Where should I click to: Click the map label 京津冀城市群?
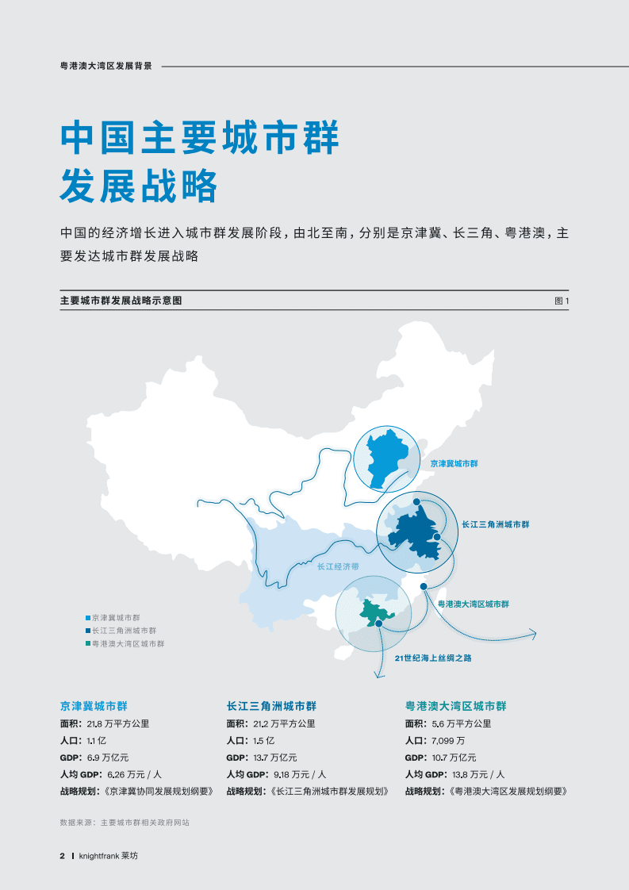pyautogui.click(x=454, y=462)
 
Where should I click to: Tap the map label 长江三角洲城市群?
pyautogui.click(x=495, y=524)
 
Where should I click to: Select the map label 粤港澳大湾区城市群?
pyautogui.click(x=473, y=604)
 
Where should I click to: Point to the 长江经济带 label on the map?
pyautogui.click(x=338, y=566)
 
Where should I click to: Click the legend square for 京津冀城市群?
pyautogui.click(x=88, y=617)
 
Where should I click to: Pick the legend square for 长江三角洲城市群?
pyautogui.click(x=88, y=631)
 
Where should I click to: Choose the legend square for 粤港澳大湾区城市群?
pyautogui.click(x=88, y=644)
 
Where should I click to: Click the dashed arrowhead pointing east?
pyautogui.click(x=533, y=633)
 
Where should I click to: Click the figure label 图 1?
pyautogui.click(x=562, y=301)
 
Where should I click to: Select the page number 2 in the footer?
pyautogui.click(x=62, y=856)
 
